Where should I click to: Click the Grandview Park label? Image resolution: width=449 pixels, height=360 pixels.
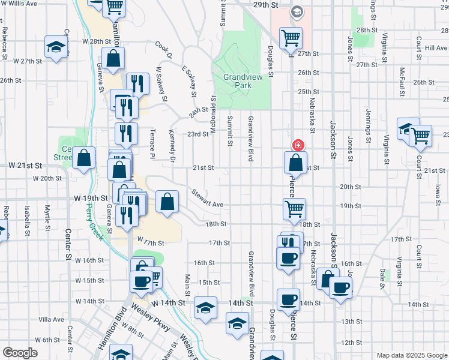(245, 81)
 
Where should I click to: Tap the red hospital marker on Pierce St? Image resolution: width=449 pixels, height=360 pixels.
(297, 145)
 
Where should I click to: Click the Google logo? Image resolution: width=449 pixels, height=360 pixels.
(20, 353)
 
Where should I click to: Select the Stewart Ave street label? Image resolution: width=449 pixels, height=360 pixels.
(207, 200)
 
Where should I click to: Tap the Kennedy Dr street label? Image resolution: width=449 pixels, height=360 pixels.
(172, 146)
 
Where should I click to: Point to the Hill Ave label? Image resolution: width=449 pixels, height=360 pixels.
(436, 48)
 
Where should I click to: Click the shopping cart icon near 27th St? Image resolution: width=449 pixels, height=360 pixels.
(291, 38)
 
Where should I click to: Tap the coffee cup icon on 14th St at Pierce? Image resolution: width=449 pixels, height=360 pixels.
(288, 299)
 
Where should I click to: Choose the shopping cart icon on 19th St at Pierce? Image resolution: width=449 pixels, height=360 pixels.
(294, 208)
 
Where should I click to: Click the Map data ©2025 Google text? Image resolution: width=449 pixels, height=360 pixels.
(412, 355)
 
